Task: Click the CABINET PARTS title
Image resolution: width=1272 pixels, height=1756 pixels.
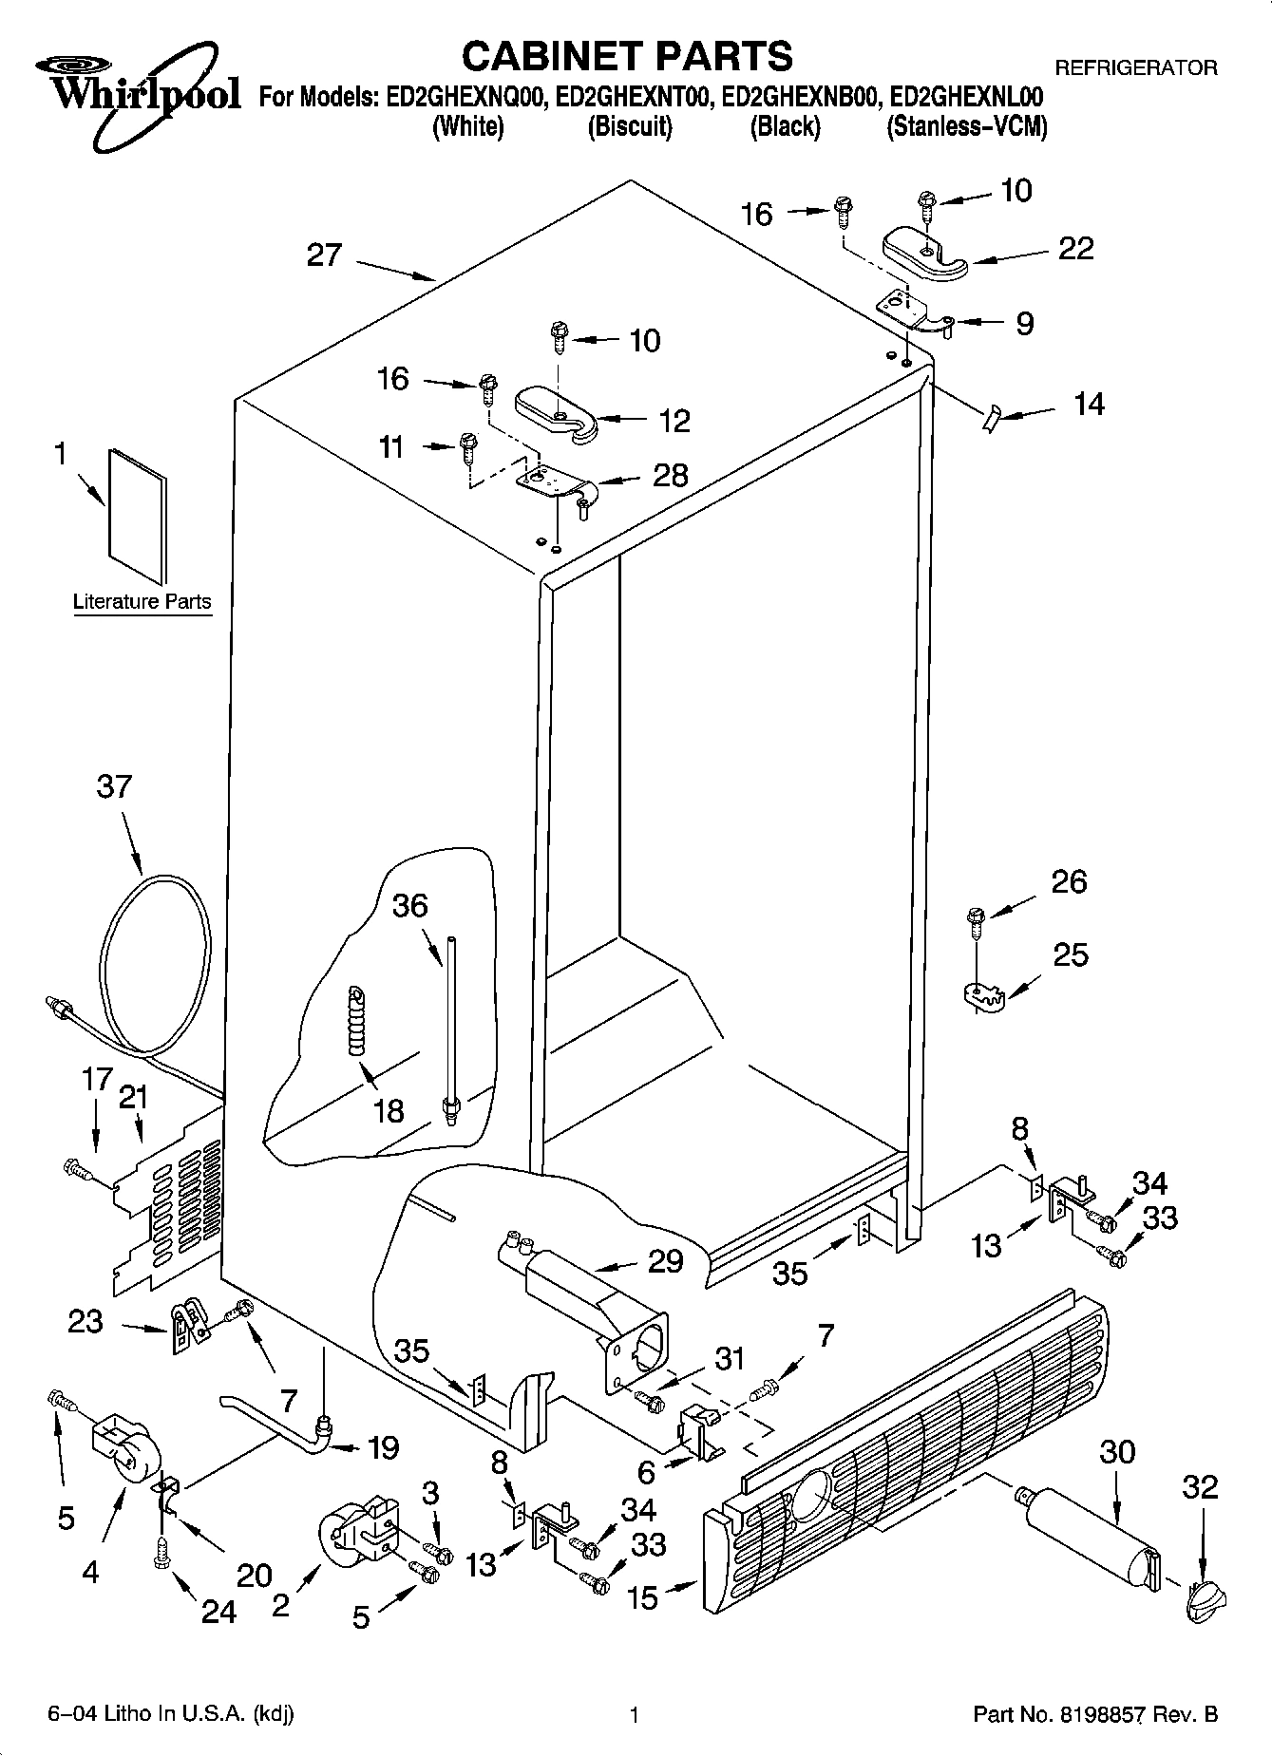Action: click(627, 56)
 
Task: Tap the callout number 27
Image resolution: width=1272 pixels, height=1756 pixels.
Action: click(324, 255)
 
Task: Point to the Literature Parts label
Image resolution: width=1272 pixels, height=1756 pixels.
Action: click(142, 601)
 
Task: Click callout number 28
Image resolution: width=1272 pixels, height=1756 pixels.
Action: click(671, 475)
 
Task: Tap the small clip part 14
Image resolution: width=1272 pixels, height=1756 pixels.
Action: click(992, 416)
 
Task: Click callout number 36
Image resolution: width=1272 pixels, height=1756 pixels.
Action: click(410, 905)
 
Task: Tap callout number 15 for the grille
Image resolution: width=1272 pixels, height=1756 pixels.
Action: click(643, 1597)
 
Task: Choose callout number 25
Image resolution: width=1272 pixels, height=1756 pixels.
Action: click(1071, 954)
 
